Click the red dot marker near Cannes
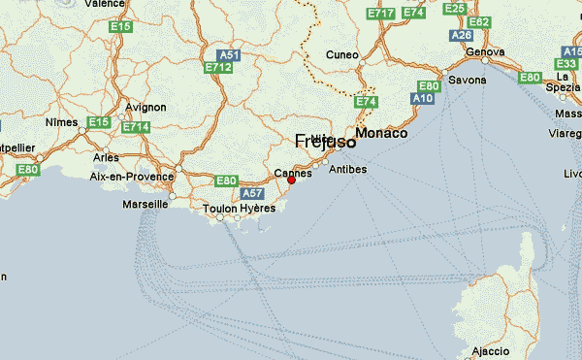tap(291, 180)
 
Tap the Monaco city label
tap(381, 133)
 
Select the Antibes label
tap(348, 169)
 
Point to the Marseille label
tap(146, 205)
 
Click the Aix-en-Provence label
tap(131, 177)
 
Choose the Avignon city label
tap(145, 108)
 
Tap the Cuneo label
tap(342, 54)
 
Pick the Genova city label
tap(485, 51)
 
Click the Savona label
tap(467, 80)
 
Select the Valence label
tap(105, 4)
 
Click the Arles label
tap(105, 156)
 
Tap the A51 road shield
tap(229, 55)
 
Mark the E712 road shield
tap(218, 68)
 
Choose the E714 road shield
tap(135, 127)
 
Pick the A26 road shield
tap(462, 35)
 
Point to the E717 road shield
tap(380, 14)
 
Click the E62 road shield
tap(478, 21)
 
